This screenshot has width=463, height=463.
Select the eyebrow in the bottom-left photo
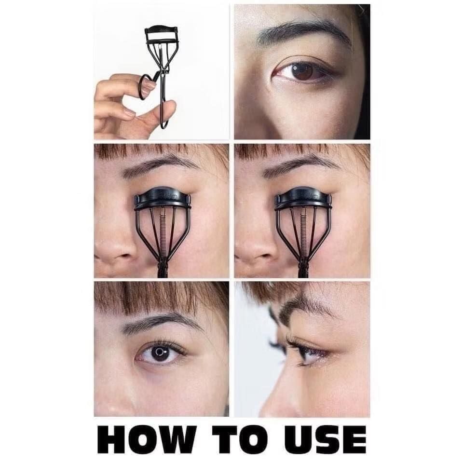pyautogui.click(x=161, y=324)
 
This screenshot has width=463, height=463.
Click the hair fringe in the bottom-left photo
pyautogui.click(x=161, y=298)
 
